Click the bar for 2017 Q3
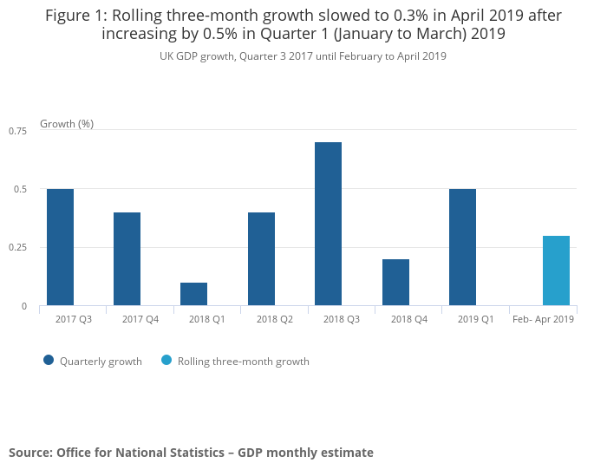(60, 247)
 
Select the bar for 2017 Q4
(127, 259)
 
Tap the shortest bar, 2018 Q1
(193, 294)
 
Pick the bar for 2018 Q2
(261, 259)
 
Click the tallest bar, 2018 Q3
(328, 224)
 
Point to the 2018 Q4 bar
(395, 283)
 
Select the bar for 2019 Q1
(462, 247)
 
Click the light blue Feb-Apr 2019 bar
(556, 271)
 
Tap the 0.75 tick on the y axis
(18, 130)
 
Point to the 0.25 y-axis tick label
(18, 248)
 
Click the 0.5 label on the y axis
(22, 189)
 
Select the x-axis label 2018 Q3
(342, 320)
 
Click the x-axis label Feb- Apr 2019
(544, 320)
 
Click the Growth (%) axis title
(67, 124)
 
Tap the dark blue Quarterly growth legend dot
(49, 361)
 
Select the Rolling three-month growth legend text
(244, 362)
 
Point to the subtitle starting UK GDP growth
(303, 56)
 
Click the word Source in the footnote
(29, 453)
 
